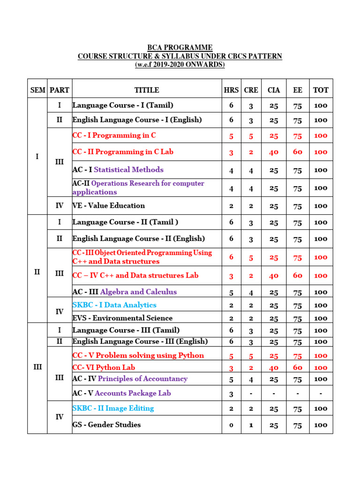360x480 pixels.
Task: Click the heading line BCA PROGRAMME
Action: pyautogui.click(x=180, y=48)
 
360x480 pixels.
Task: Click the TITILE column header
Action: pyautogui.click(x=147, y=90)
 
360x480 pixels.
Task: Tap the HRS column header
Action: pyautogui.click(x=231, y=90)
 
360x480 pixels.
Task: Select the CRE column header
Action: pyautogui.click(x=251, y=90)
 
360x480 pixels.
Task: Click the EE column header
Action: pyautogui.click(x=298, y=90)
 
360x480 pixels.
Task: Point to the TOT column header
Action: pyautogui.click(x=321, y=90)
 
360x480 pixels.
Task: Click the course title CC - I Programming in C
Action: pyautogui.click(x=114, y=135)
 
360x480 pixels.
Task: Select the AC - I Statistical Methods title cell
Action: pyautogui.click(x=118, y=170)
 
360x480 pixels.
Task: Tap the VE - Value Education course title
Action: pyautogui.click(x=108, y=205)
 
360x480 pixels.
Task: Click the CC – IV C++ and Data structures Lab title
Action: pyautogui.click(x=135, y=276)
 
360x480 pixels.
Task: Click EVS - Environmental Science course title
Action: pyautogui.click(x=122, y=318)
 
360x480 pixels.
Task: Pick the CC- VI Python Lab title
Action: pyautogui.click(x=104, y=367)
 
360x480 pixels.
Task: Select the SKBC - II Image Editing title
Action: pyautogui.click(x=113, y=408)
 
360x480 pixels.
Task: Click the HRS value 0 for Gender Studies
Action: pyautogui.click(x=231, y=425)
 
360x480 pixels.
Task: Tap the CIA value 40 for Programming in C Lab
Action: pyautogui.click(x=274, y=152)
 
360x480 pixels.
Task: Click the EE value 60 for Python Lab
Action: pyautogui.click(x=298, y=367)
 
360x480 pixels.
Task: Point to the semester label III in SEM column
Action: pyautogui.click(x=37, y=367)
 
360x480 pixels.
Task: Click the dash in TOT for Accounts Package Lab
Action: pyautogui.click(x=321, y=393)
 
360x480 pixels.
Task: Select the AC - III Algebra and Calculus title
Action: pyautogui.click(x=124, y=292)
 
